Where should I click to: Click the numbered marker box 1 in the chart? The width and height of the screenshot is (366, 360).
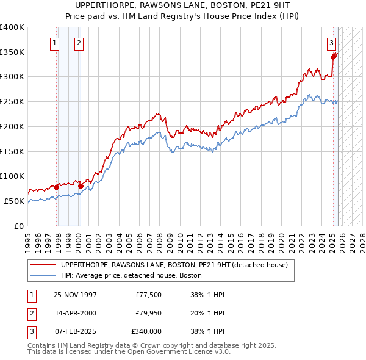tap(55, 43)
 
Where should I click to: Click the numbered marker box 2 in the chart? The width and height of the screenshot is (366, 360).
tap(79, 43)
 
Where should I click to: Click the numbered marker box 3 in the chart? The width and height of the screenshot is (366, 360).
tap(331, 43)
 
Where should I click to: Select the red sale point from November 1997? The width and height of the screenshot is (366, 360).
tap(56, 187)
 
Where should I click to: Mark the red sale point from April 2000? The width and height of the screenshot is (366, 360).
tap(81, 186)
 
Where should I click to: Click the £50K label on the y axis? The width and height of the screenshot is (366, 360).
tap(14, 201)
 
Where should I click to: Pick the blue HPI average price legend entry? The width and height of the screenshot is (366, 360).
tap(131, 276)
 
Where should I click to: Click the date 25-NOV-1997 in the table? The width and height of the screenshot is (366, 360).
tap(75, 295)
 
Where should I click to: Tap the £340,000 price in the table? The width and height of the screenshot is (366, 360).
tap(146, 331)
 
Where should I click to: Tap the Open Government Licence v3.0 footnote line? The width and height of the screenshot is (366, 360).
tap(129, 352)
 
